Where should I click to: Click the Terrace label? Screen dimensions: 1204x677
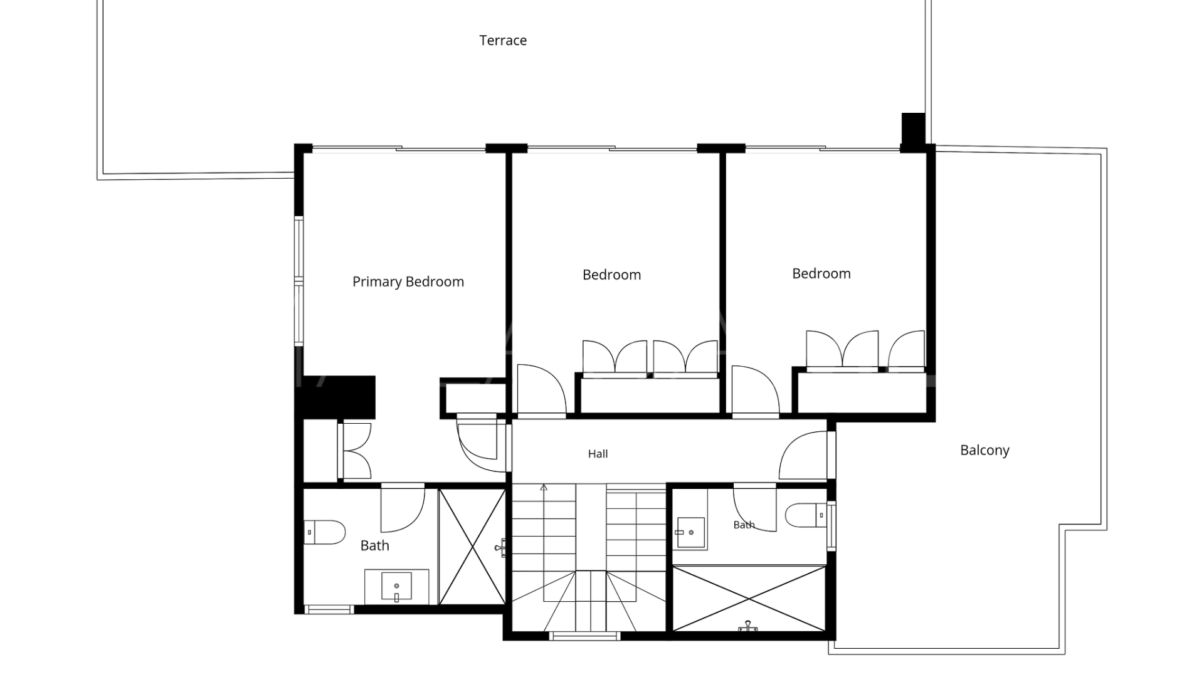(x=503, y=41)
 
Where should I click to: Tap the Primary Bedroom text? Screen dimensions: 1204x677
(x=408, y=282)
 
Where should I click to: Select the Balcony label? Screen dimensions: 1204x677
(x=985, y=450)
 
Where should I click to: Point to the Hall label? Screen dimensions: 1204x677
(x=598, y=454)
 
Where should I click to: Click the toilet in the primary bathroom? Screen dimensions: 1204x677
(x=325, y=532)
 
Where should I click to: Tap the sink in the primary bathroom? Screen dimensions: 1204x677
(x=396, y=586)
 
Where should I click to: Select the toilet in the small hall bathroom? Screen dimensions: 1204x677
(x=806, y=515)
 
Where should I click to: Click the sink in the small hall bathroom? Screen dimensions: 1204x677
(x=690, y=533)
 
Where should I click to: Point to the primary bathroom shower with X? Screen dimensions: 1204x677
(x=472, y=547)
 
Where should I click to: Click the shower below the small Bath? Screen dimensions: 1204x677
(x=749, y=599)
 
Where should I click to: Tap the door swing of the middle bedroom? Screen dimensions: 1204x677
(x=541, y=389)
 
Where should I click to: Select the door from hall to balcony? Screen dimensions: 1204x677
(x=804, y=455)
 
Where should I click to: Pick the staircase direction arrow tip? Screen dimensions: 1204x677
(x=544, y=485)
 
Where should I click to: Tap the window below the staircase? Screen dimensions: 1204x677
(x=584, y=636)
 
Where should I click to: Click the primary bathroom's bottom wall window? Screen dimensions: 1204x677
(x=329, y=609)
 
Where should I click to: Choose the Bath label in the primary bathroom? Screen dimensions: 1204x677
(x=375, y=546)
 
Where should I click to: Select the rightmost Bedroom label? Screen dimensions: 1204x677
(x=821, y=274)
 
